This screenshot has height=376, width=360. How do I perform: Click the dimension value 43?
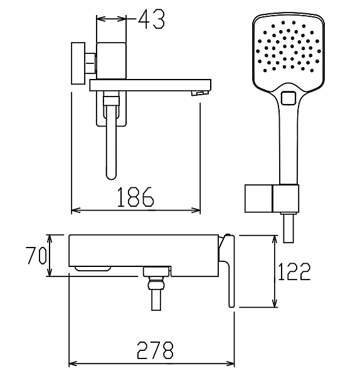[152, 19]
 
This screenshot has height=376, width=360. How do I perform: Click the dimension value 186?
[135, 197]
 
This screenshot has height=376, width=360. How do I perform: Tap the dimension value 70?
[36, 256]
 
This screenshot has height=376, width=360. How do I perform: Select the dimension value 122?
[294, 271]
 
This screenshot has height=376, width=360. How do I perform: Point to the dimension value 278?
[155, 350]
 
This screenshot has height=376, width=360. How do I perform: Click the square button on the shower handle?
[289, 98]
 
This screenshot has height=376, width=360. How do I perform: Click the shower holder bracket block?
[272, 199]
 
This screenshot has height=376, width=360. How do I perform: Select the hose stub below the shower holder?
[289, 228]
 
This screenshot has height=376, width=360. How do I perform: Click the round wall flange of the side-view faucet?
[78, 63]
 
